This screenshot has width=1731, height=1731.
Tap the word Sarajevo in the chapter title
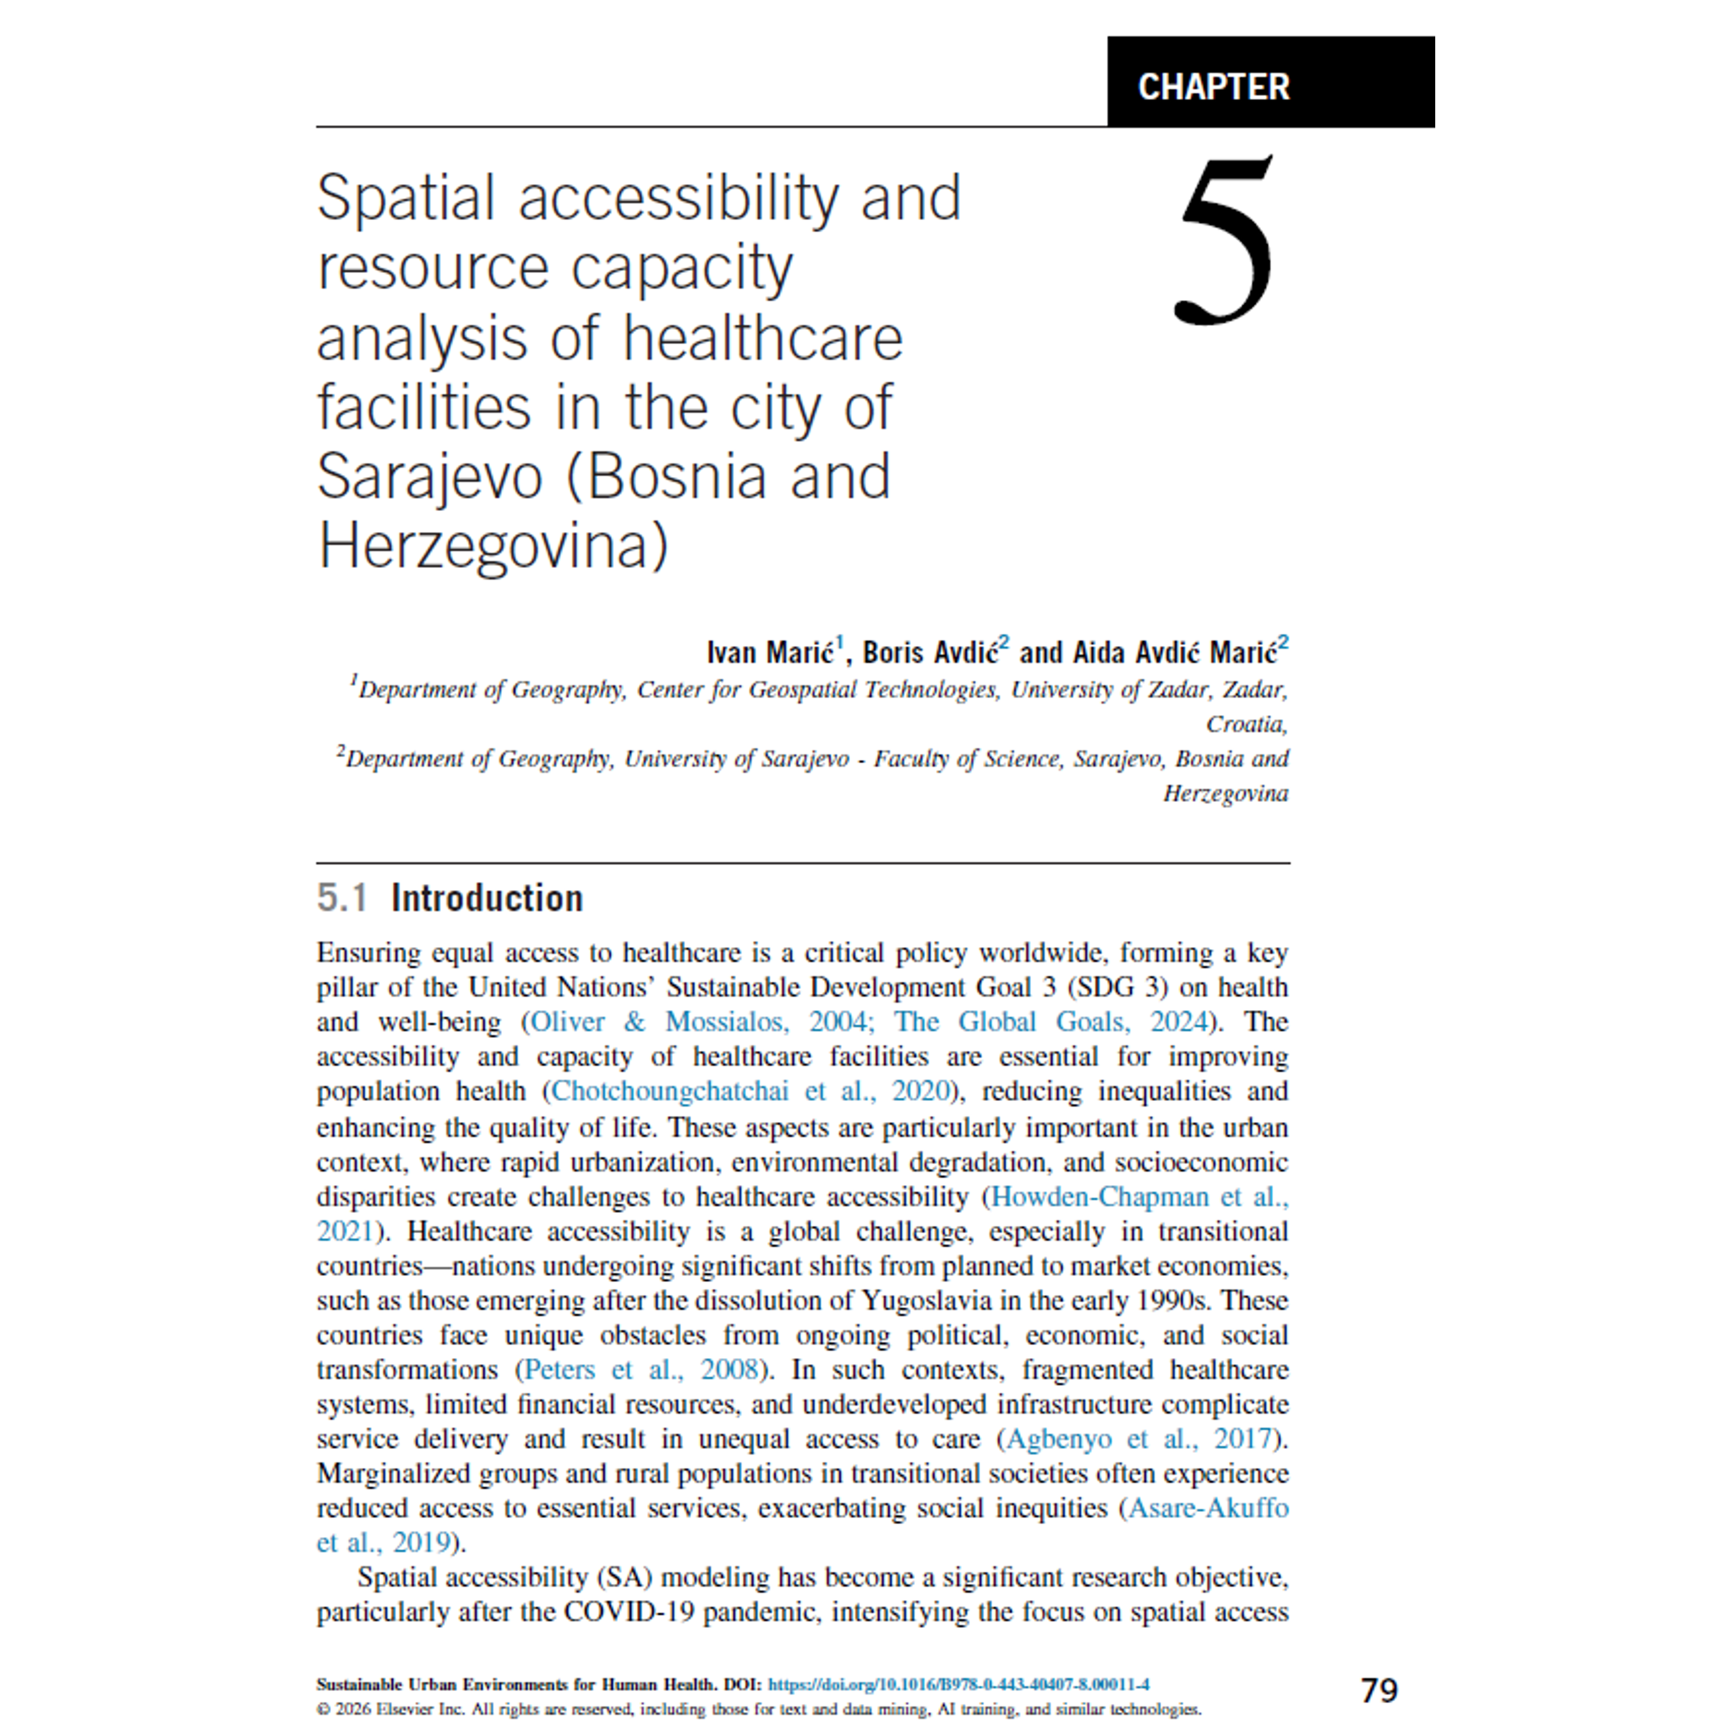tap(429, 476)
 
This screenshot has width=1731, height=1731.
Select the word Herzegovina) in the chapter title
tap(494, 547)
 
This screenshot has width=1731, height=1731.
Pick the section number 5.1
tap(342, 898)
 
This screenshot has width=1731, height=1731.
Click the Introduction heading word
tap(487, 898)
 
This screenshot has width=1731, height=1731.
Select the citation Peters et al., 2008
tap(641, 1369)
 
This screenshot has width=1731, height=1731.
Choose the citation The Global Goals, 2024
tap(1050, 1022)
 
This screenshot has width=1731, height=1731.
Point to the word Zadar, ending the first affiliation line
tap(1255, 690)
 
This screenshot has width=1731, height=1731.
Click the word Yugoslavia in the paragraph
tap(926, 1300)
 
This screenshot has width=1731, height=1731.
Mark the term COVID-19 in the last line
tap(628, 1612)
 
